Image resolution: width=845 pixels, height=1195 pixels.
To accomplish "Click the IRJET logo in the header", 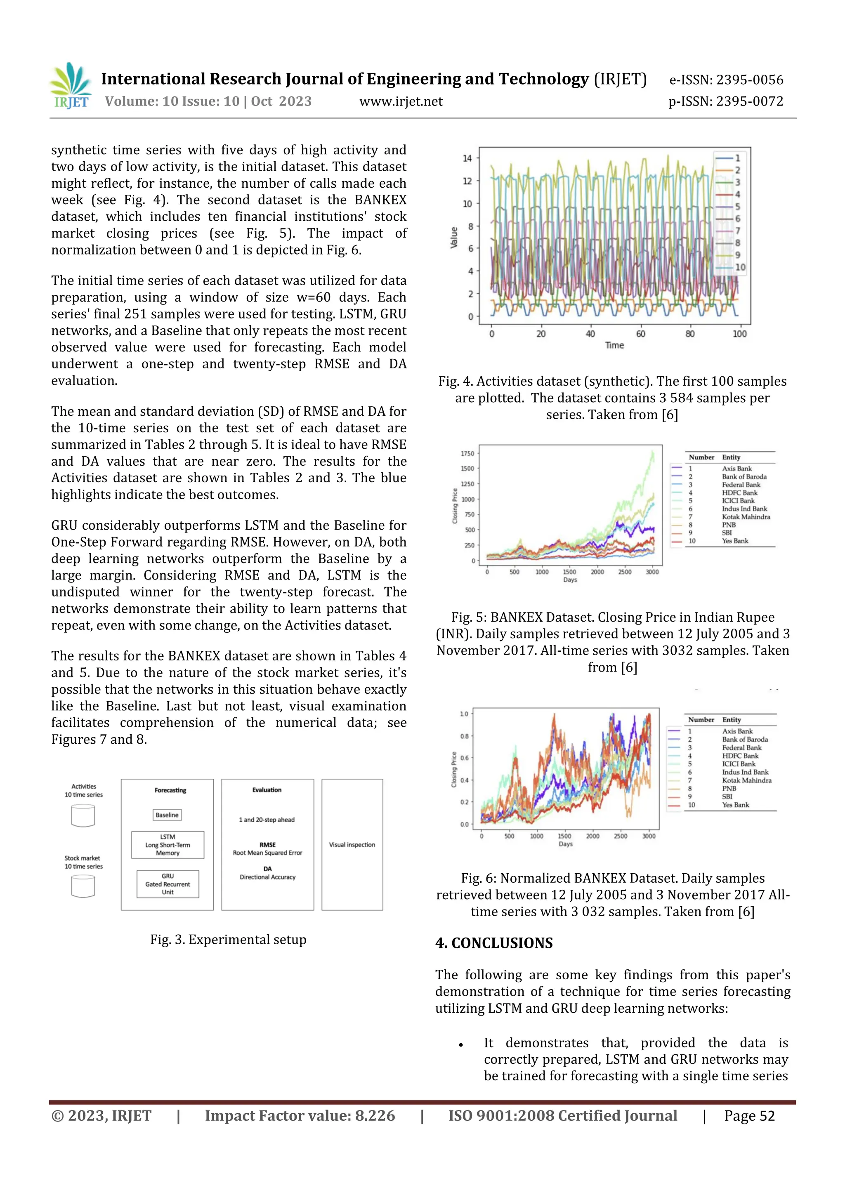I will pyautogui.click(x=71, y=85).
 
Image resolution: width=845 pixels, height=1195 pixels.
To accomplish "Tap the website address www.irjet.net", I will pyautogui.click(x=401, y=101).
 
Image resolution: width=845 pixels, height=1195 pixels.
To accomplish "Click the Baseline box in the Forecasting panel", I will pyautogui.click(x=167, y=815).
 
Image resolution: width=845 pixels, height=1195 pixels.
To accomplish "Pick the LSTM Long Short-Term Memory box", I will pyautogui.click(x=168, y=845).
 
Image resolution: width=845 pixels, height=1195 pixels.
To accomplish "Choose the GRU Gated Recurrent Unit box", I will pyautogui.click(x=168, y=884).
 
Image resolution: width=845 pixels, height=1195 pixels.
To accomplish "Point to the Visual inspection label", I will pyautogui.click(x=352, y=845).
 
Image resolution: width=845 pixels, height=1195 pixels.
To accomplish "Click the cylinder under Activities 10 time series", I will pyautogui.click(x=83, y=816).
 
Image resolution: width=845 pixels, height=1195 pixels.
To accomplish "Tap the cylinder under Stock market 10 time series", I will pyautogui.click(x=83, y=886).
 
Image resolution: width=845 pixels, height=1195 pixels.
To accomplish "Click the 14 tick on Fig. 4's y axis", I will pyautogui.click(x=467, y=158).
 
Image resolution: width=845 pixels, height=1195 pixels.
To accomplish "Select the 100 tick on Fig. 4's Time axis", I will pyautogui.click(x=739, y=334).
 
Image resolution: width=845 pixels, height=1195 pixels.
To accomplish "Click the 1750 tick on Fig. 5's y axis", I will pyautogui.click(x=467, y=453).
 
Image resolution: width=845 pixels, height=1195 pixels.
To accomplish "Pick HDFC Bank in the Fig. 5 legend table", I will pyautogui.click(x=739, y=493).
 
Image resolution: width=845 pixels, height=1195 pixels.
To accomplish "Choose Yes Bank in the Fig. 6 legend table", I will pyautogui.click(x=735, y=805).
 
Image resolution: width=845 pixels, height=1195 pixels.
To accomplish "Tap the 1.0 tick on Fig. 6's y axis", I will pyautogui.click(x=464, y=714).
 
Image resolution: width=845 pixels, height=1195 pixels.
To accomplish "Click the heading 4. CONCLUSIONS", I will pyautogui.click(x=494, y=943).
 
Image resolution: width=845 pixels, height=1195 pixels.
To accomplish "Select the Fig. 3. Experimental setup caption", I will pyautogui.click(x=228, y=939).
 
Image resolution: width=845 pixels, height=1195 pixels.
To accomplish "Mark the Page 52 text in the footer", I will pyautogui.click(x=749, y=1116).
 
